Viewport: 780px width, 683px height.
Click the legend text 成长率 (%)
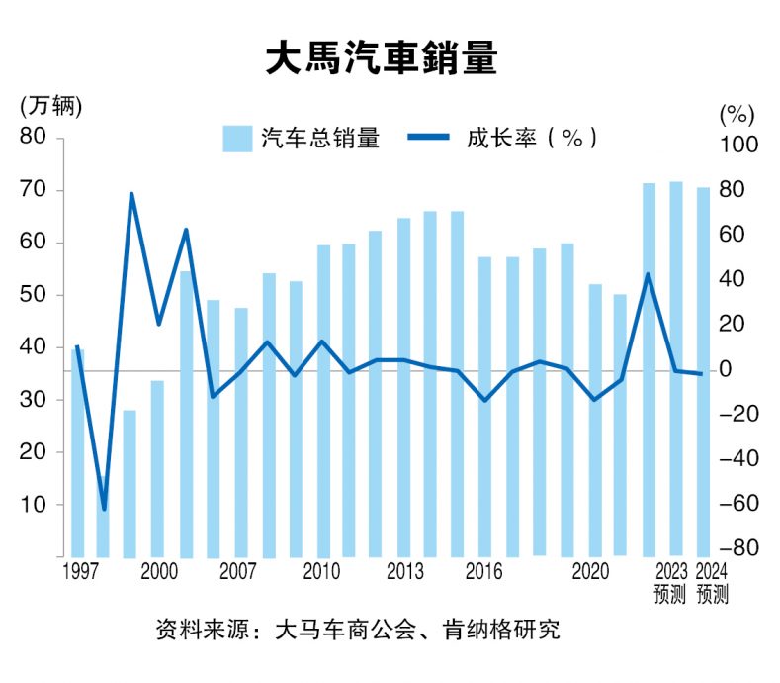tap(531, 139)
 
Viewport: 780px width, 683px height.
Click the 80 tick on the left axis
tap(34, 137)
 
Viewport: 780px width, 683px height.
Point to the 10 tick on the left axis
tap(34, 504)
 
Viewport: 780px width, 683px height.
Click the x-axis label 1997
tap(80, 572)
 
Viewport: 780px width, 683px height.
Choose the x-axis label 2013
tap(405, 572)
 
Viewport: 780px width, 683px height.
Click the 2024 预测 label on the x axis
tap(712, 582)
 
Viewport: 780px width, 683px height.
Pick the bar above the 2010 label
tap(323, 401)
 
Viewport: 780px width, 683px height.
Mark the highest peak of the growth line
tap(131, 194)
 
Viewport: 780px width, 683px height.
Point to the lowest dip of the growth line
tap(104, 510)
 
